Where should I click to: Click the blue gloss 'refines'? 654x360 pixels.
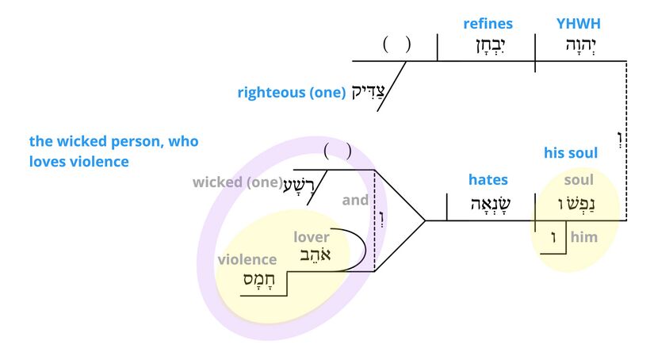[488, 24]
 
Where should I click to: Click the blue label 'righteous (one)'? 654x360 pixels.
[291, 93]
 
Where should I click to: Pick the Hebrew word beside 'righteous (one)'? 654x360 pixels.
[369, 93]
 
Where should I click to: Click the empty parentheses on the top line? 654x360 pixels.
[396, 44]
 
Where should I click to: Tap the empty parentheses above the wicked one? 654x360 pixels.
[337, 151]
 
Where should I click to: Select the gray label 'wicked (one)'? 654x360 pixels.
[237, 182]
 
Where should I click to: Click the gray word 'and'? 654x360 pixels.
[355, 200]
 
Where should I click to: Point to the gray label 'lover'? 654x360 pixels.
[312, 237]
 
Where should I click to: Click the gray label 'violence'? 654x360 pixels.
[247, 259]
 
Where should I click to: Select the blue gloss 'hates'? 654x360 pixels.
[488, 180]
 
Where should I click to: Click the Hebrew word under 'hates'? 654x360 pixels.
[488, 203]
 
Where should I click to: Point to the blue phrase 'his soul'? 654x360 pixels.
[571, 152]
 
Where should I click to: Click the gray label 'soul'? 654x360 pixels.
[578, 180]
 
